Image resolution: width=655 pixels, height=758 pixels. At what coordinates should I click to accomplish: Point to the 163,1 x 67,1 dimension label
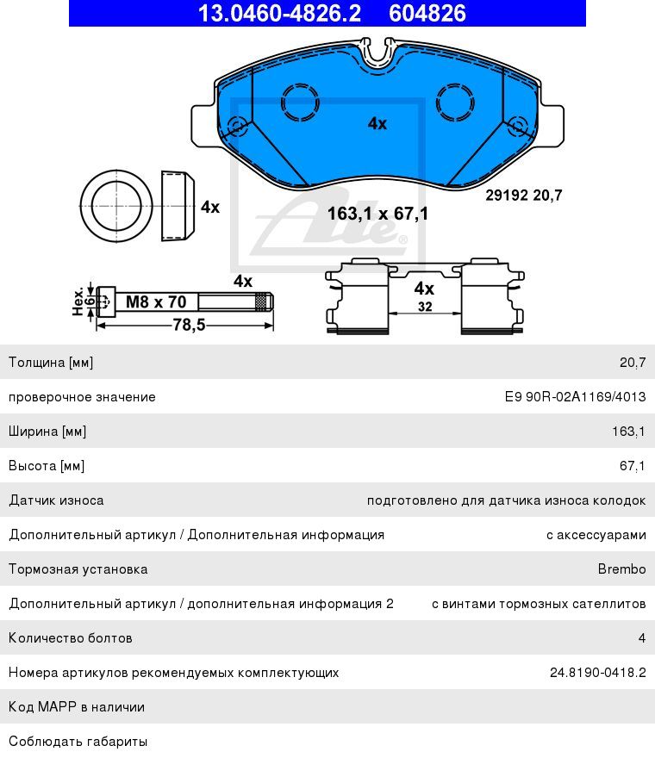point(377,214)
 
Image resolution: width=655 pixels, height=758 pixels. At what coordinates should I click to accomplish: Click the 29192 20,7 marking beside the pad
point(523,196)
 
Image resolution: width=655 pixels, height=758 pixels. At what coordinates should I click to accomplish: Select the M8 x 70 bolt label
point(156,302)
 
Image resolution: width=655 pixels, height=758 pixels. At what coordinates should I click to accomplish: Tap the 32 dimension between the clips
point(424,307)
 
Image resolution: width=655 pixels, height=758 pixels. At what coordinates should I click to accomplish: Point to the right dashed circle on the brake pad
point(456,103)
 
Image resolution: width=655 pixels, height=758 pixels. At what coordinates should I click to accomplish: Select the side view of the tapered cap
point(178,207)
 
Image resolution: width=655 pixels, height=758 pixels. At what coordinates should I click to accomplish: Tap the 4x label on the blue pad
point(377,123)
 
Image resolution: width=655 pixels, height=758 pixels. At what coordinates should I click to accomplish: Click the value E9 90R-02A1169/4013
point(575,397)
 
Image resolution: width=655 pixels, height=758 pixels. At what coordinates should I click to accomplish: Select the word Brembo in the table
point(621,569)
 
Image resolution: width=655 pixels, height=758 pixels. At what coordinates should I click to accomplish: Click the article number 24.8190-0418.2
point(597,673)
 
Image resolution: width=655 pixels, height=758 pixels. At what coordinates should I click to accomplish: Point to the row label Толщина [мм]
point(51,363)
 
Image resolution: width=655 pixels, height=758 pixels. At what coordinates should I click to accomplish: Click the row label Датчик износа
point(56,500)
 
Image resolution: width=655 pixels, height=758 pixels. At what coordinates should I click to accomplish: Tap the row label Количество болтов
point(71,638)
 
